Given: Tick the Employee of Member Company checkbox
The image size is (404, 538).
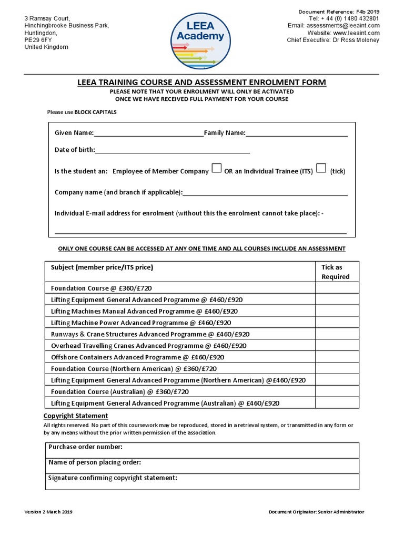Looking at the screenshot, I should (x=216, y=168).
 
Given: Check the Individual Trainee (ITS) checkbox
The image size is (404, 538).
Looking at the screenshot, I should (x=321, y=168).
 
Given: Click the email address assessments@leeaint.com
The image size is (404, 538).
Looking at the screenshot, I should (x=343, y=26).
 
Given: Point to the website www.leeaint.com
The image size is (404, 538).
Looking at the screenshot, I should (x=356, y=33).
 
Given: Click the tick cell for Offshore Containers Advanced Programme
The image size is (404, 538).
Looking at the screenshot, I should (x=337, y=357).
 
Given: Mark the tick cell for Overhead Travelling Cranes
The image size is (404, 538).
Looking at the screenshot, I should (x=337, y=346).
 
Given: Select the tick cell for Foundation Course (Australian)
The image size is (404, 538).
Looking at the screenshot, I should (x=337, y=392).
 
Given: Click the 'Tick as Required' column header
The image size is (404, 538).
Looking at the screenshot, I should (x=336, y=272).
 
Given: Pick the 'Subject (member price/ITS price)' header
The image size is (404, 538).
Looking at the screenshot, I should (x=102, y=267).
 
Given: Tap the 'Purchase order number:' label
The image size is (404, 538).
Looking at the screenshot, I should (x=85, y=447).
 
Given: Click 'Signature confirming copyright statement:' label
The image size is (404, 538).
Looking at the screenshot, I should (x=113, y=478).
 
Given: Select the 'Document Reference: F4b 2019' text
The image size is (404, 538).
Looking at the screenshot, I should (x=339, y=12).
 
